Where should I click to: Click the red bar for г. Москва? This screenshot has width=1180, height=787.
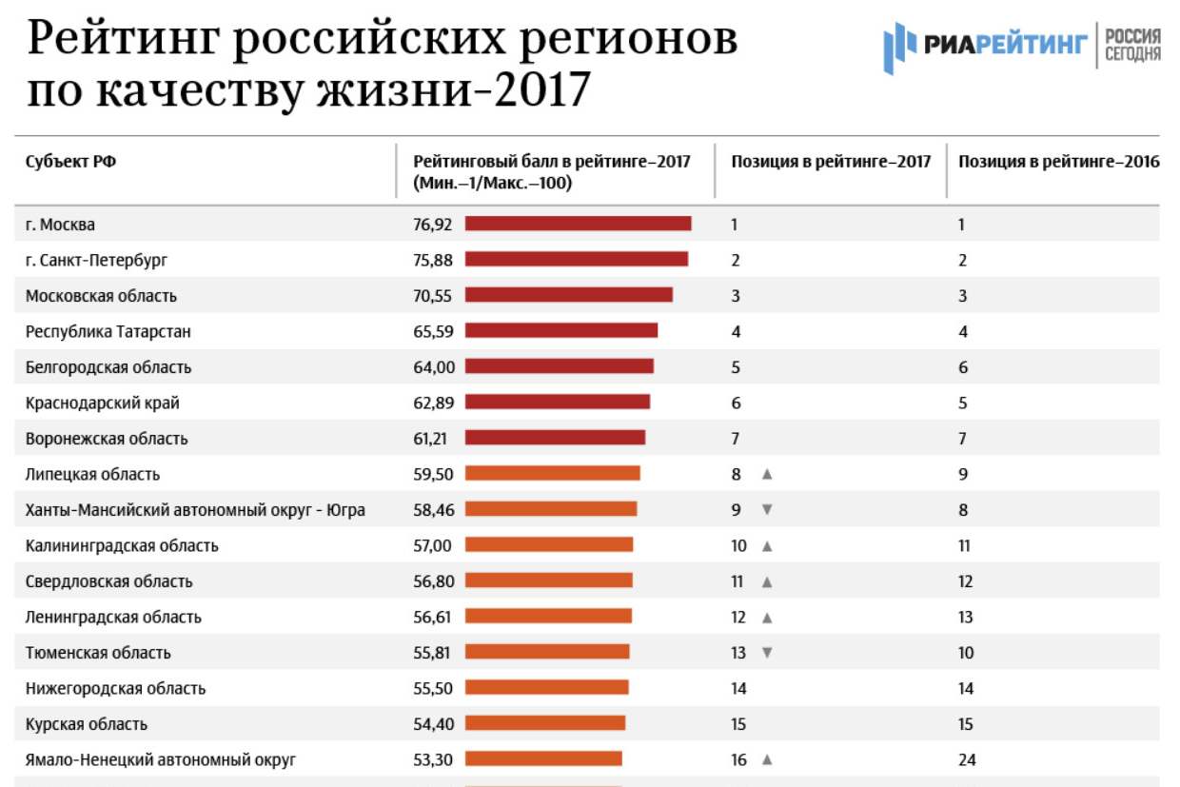[578, 224]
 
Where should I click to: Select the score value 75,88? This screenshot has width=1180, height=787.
[433, 260]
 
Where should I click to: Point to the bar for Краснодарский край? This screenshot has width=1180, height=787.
[558, 402]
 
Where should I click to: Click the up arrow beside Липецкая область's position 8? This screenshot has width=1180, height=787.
[767, 474]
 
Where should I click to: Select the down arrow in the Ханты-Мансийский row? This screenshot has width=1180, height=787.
[767, 510]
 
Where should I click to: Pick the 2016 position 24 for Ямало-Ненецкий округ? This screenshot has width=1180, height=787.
[967, 759]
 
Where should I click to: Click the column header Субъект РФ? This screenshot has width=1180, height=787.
[70, 162]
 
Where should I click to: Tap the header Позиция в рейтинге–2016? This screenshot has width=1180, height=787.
[1059, 162]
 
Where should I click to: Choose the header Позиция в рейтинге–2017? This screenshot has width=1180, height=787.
[831, 162]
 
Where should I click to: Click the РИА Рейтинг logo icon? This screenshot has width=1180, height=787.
[899, 48]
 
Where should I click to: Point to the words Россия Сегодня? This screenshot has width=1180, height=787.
[1132, 45]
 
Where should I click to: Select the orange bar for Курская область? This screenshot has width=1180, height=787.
[545, 723]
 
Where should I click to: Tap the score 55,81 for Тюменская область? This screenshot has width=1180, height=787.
[433, 653]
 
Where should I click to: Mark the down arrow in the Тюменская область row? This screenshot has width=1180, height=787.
[767, 653]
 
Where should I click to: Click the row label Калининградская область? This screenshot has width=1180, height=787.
[122, 545]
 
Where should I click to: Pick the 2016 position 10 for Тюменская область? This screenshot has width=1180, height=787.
[966, 653]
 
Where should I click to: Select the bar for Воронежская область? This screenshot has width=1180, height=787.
[555, 438]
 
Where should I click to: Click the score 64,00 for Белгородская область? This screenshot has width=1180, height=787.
[433, 366]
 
